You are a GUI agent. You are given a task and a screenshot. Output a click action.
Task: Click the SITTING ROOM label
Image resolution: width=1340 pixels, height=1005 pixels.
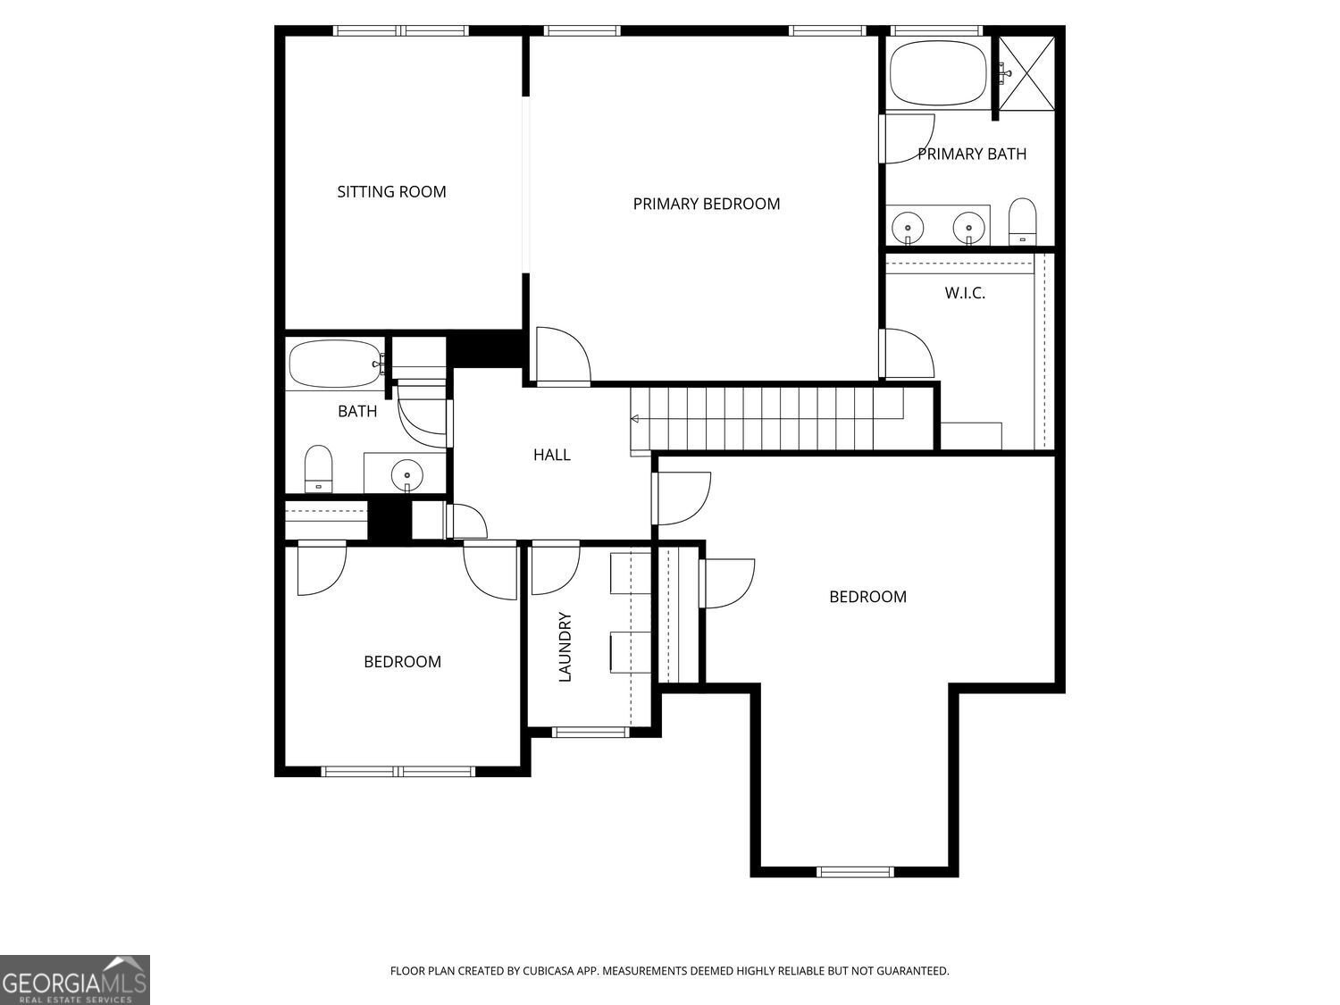click(391, 191)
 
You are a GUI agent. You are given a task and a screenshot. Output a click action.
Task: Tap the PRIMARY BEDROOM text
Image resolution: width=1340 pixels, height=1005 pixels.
click(706, 204)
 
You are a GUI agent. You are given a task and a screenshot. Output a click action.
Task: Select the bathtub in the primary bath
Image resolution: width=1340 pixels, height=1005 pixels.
click(938, 73)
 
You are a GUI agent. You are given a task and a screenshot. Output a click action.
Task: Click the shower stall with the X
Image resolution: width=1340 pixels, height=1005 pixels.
click(1026, 72)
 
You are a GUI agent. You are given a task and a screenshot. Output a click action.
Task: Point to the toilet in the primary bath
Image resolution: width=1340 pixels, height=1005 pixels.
click(1022, 221)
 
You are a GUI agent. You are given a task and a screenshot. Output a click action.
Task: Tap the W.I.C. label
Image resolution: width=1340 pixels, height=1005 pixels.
click(965, 293)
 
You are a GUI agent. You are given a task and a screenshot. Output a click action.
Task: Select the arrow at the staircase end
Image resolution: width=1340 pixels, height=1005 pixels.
click(635, 419)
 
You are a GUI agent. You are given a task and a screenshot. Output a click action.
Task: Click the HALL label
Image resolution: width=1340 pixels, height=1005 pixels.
click(551, 455)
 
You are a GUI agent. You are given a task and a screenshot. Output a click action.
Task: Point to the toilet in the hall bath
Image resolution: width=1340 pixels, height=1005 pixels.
click(318, 468)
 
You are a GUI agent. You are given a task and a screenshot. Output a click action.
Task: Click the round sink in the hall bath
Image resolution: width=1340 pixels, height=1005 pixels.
click(407, 473)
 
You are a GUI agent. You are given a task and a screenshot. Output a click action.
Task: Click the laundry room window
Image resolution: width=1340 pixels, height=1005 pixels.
click(590, 733)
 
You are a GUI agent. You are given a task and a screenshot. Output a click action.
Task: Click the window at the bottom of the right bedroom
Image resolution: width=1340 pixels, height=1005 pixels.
click(855, 872)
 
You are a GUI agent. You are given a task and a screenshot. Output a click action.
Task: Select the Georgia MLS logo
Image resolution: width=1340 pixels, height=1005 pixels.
click(75, 980)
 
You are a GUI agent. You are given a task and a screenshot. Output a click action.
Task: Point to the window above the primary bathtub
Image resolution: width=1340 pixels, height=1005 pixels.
click(936, 31)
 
